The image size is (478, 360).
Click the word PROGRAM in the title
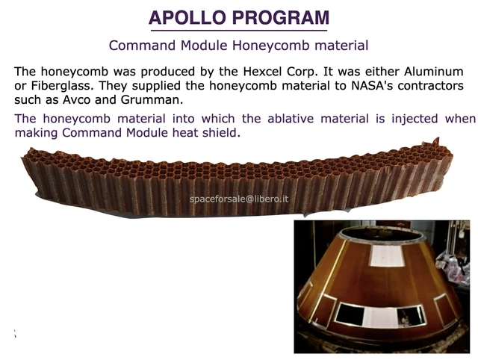pyautogui.click(x=280, y=18)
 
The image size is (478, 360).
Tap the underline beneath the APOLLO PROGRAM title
pyautogui.click(x=238, y=31)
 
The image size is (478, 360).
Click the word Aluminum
pyautogui.click(x=431, y=72)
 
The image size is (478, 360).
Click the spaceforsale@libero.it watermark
pyautogui.click(x=239, y=199)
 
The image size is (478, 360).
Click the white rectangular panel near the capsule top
pyautogui.click(x=387, y=255)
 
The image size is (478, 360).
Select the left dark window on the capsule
pyautogui.click(x=350, y=314)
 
